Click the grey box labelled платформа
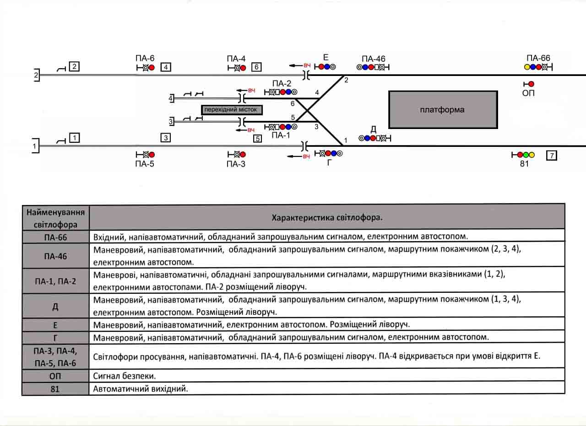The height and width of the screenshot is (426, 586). (442, 110)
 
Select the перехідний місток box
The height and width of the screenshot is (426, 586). (232, 110)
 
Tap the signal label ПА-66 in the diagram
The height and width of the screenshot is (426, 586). (538, 58)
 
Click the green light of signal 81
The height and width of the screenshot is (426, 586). (526, 155)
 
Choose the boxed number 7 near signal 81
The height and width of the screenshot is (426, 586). (552, 156)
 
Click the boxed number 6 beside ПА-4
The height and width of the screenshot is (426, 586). (256, 67)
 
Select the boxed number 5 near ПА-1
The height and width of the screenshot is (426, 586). (257, 139)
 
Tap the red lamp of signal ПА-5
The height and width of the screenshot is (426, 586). (152, 155)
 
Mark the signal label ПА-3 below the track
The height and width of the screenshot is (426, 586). (236, 164)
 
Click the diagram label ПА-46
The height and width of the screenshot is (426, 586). (373, 59)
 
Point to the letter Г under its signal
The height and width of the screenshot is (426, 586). (330, 163)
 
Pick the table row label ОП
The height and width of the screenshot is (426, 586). (55, 376)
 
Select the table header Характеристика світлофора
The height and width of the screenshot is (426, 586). (327, 217)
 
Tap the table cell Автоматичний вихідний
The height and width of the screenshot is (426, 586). (141, 388)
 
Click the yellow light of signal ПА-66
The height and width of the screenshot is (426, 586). (526, 67)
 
